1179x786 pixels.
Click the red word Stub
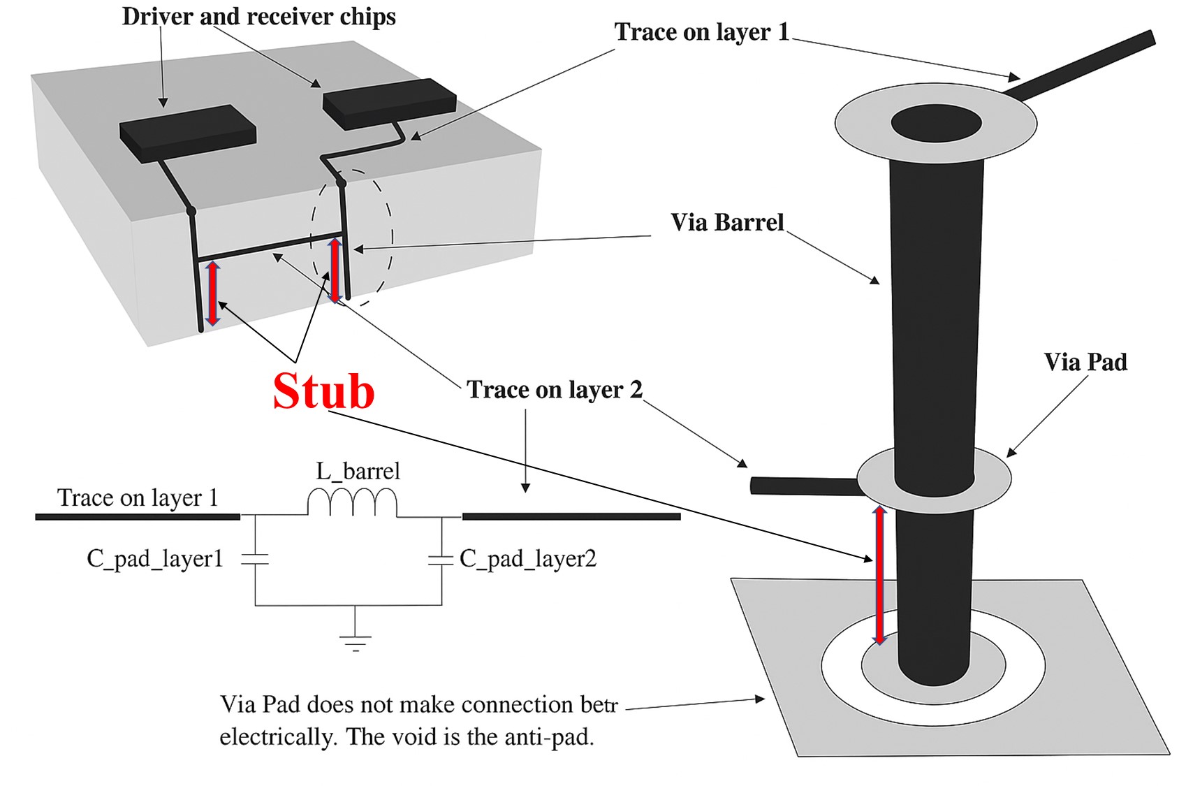pyautogui.click(x=323, y=391)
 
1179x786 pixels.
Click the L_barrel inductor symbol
pyautogui.click(x=353, y=502)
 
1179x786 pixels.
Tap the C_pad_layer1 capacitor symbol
pyautogui.click(x=255, y=560)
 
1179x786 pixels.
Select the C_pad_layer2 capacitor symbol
pyautogui.click(x=441, y=560)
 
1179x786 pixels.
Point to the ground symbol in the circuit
pyautogui.click(x=356, y=641)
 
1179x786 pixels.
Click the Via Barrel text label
pyautogui.click(x=727, y=223)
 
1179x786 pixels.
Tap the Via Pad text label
pyautogui.click(x=1085, y=363)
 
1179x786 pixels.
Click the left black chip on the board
pyautogui.click(x=187, y=133)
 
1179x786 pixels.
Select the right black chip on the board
pyautogui.click(x=389, y=103)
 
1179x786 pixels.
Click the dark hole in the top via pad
pyautogui.click(x=936, y=124)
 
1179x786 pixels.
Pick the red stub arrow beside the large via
pyautogui.click(x=879, y=575)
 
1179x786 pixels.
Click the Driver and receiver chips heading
pyautogui.click(x=258, y=17)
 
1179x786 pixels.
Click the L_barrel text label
pyautogui.click(x=358, y=471)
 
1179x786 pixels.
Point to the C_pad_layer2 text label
pyautogui.click(x=528, y=559)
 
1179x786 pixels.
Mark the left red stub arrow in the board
pyautogui.click(x=213, y=293)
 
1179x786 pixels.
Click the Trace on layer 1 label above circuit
pyautogui.click(x=138, y=497)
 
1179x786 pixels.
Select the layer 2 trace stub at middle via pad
pyautogui.click(x=803, y=485)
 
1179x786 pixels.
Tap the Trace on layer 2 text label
pyautogui.click(x=554, y=390)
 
